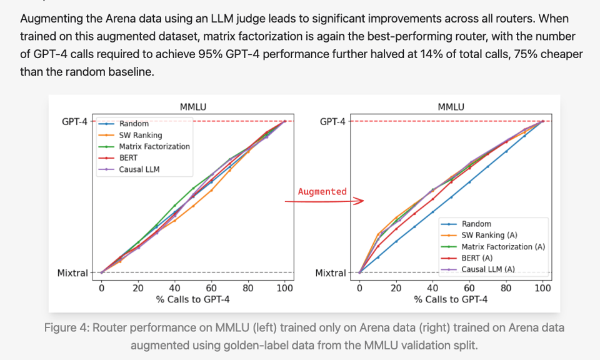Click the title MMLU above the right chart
click(x=451, y=107)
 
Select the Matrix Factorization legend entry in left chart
click(x=154, y=146)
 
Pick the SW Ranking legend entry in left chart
click(x=140, y=135)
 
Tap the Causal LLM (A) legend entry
click(x=488, y=269)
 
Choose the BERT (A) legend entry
click(x=477, y=257)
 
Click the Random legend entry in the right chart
click(x=476, y=224)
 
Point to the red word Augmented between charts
click(x=322, y=191)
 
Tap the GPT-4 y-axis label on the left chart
click(x=75, y=121)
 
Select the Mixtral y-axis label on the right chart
click(x=331, y=273)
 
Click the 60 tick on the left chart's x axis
click(x=211, y=288)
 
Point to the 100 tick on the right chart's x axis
click(x=542, y=288)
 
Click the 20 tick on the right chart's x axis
click(x=396, y=288)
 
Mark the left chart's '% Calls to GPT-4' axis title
click(x=192, y=299)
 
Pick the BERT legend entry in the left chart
click(x=128, y=157)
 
